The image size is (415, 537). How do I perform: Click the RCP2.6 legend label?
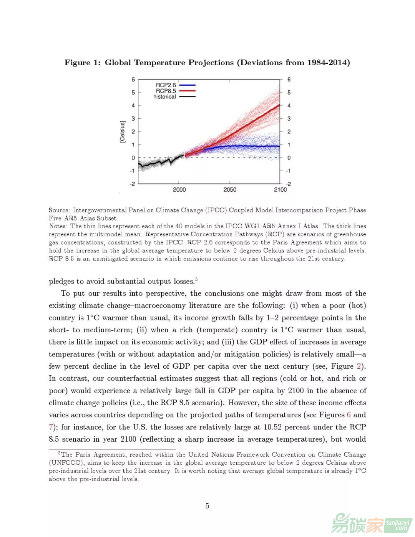(166, 85)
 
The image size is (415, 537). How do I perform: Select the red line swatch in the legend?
(188, 91)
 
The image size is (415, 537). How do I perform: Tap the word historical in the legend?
(164, 97)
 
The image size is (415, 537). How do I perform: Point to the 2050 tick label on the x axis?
(230, 190)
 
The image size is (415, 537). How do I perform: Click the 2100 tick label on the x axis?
(280, 190)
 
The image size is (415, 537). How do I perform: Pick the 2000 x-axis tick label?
(179, 190)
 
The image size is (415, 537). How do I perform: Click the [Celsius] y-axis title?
(122, 132)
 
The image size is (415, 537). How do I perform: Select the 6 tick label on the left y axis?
(133, 80)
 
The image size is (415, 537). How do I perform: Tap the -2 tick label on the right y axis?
(288, 184)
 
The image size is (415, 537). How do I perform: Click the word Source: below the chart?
(59, 210)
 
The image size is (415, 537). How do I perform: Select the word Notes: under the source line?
(58, 226)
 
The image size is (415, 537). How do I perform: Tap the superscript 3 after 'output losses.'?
(196, 279)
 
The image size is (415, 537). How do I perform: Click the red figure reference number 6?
(349, 415)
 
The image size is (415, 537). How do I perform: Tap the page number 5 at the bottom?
(207, 506)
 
